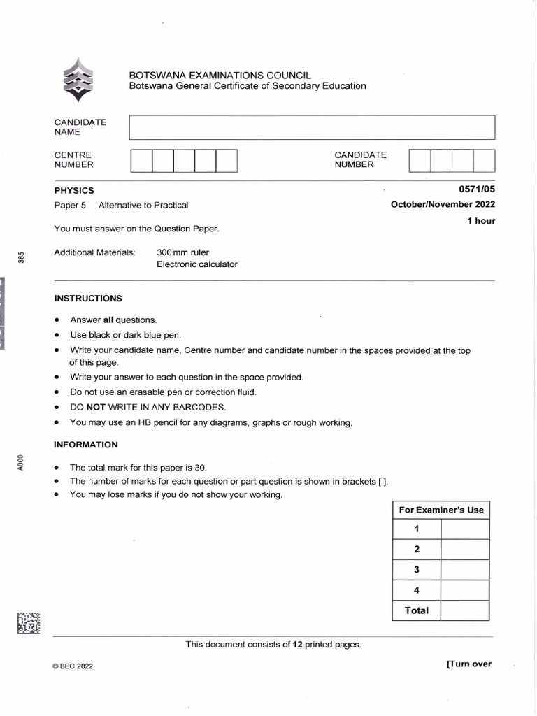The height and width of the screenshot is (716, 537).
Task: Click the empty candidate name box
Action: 312,127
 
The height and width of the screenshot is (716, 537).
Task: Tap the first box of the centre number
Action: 141,160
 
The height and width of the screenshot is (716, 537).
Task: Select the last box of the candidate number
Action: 484,160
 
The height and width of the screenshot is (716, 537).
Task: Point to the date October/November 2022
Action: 443,205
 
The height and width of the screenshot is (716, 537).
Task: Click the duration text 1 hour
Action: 481,221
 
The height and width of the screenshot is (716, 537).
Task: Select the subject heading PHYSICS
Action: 74,190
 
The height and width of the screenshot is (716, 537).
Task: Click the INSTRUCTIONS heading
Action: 88,299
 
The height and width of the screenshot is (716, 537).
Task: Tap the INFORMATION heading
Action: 86,445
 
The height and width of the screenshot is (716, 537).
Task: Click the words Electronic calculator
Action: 197,264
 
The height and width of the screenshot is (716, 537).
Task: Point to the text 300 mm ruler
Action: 182,252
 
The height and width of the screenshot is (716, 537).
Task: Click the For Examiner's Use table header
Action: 441,510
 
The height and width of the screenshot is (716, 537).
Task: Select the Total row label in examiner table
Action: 417,610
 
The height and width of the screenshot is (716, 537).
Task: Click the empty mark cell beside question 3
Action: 465,570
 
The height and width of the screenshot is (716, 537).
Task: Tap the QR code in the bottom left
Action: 29,622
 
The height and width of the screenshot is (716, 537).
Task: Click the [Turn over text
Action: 468,664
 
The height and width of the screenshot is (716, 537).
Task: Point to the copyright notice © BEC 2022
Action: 73,666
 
